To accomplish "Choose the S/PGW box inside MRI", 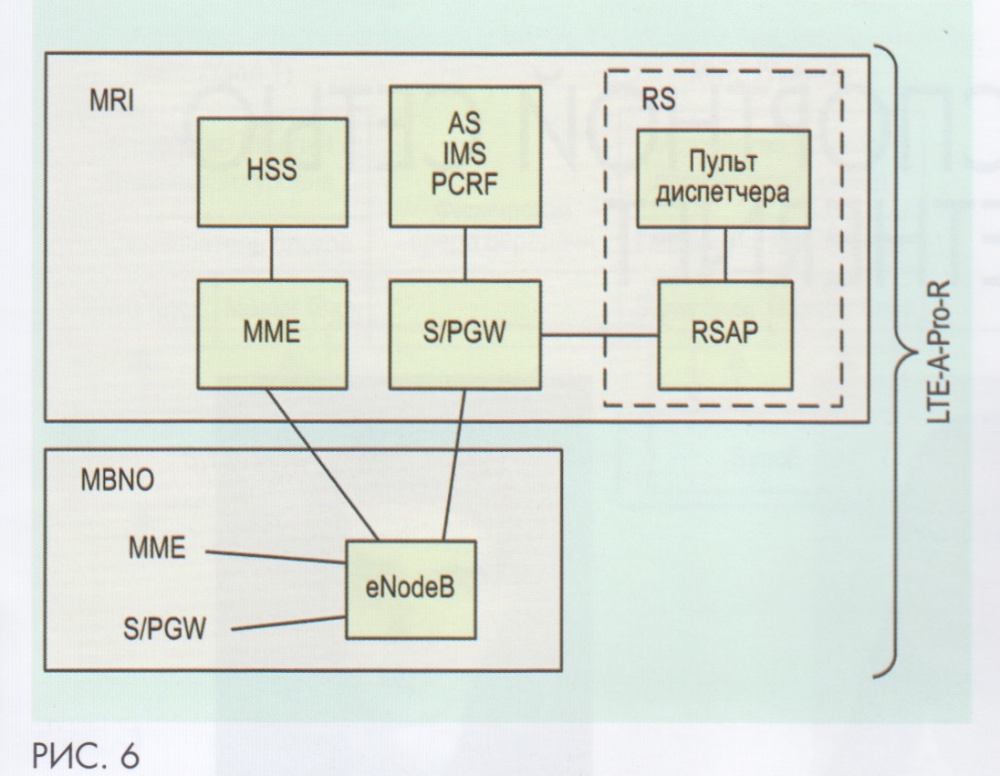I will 465,335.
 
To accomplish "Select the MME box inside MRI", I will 272,335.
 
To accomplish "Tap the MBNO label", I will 114,484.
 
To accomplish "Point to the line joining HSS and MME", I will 272,254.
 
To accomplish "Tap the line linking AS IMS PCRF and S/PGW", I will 465,254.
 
